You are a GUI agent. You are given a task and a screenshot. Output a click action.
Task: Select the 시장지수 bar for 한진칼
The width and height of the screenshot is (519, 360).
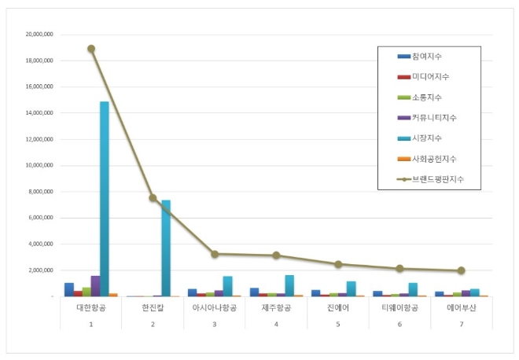(x=166, y=248)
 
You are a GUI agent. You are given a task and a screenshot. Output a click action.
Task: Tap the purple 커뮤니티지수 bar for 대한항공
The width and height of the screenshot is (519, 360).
(x=95, y=286)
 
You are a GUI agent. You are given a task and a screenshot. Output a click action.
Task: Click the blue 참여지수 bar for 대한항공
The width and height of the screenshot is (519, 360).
(x=69, y=289)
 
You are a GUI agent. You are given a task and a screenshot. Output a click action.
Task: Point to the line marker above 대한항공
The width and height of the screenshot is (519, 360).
(x=91, y=49)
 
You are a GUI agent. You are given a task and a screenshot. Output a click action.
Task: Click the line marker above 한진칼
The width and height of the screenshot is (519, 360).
(x=153, y=198)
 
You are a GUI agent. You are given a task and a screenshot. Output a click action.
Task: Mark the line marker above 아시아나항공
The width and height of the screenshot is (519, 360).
(x=215, y=254)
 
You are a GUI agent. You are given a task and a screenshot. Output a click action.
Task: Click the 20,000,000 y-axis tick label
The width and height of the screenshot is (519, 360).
(x=39, y=35)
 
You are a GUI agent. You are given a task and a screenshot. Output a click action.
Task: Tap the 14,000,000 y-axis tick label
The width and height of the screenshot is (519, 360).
(x=39, y=113)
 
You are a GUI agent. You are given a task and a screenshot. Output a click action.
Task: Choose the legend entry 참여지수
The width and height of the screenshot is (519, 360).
(x=426, y=57)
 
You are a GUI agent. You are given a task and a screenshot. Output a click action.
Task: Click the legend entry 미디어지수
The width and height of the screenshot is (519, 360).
(x=429, y=77)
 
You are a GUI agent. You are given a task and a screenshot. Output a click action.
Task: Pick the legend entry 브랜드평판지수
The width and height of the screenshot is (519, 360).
(x=436, y=179)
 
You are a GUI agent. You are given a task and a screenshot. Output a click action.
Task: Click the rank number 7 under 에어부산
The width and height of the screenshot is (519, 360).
(x=461, y=323)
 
